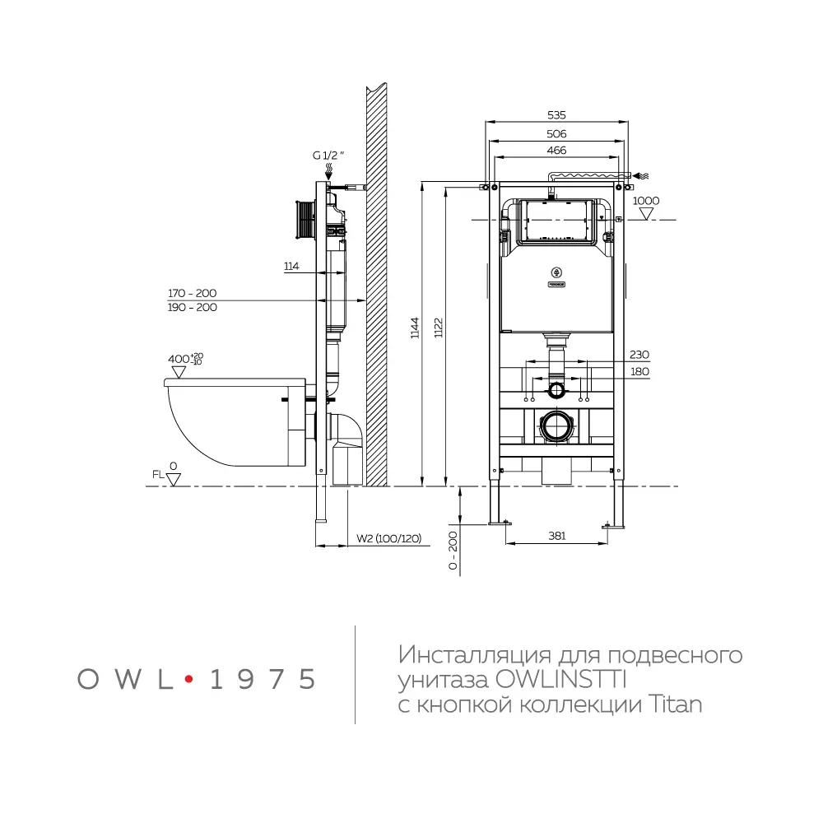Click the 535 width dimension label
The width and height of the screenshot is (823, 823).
tap(557, 116)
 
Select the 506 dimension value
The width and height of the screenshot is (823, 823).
tap(557, 133)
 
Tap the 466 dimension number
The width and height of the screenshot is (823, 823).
tap(557, 151)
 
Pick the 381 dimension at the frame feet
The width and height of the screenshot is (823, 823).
tap(557, 536)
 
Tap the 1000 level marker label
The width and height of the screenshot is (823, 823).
tap(646, 201)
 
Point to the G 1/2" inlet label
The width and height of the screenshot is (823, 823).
tap(327, 154)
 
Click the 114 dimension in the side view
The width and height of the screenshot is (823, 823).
tap(291, 267)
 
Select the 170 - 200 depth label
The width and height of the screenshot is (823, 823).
tap(192, 293)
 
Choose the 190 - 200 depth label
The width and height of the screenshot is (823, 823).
tap(192, 307)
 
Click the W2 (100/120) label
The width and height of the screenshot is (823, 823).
tap(388, 539)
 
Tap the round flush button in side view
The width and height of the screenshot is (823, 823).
tap(305, 219)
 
